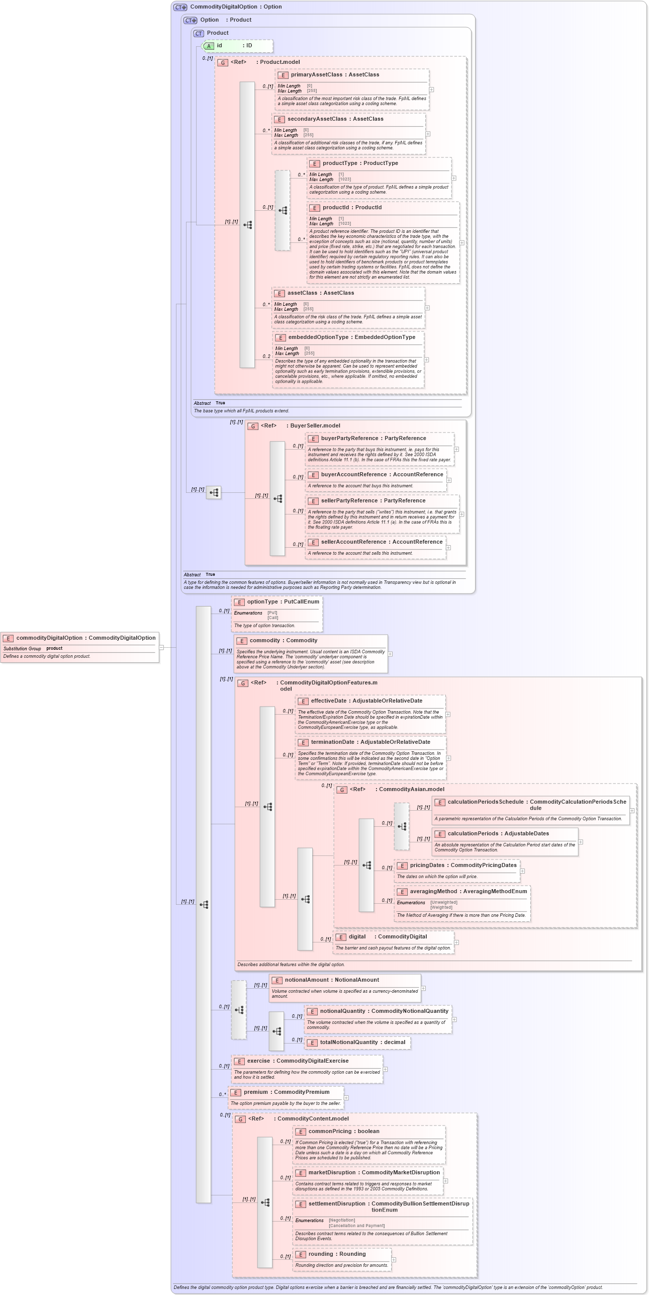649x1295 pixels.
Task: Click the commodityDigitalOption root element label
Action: tap(49, 638)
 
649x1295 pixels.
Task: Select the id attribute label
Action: tap(219, 46)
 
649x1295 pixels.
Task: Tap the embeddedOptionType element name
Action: tap(318, 337)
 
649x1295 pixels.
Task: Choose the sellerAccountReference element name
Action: tap(350, 542)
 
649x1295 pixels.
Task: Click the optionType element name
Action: tap(262, 602)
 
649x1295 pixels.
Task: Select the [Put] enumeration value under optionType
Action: tap(272, 613)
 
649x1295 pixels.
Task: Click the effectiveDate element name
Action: tap(328, 701)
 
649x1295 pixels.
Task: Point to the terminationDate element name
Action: tap(332, 742)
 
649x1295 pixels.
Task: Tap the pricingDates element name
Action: tap(427, 866)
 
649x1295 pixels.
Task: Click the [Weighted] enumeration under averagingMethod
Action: tap(441, 908)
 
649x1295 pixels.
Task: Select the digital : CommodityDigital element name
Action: tap(357, 937)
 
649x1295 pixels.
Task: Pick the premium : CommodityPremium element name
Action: tap(255, 1092)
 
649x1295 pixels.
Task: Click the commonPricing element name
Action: tap(329, 1132)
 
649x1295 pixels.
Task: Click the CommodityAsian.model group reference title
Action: tap(411, 790)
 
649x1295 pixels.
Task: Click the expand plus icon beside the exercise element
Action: tap(386, 1070)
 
